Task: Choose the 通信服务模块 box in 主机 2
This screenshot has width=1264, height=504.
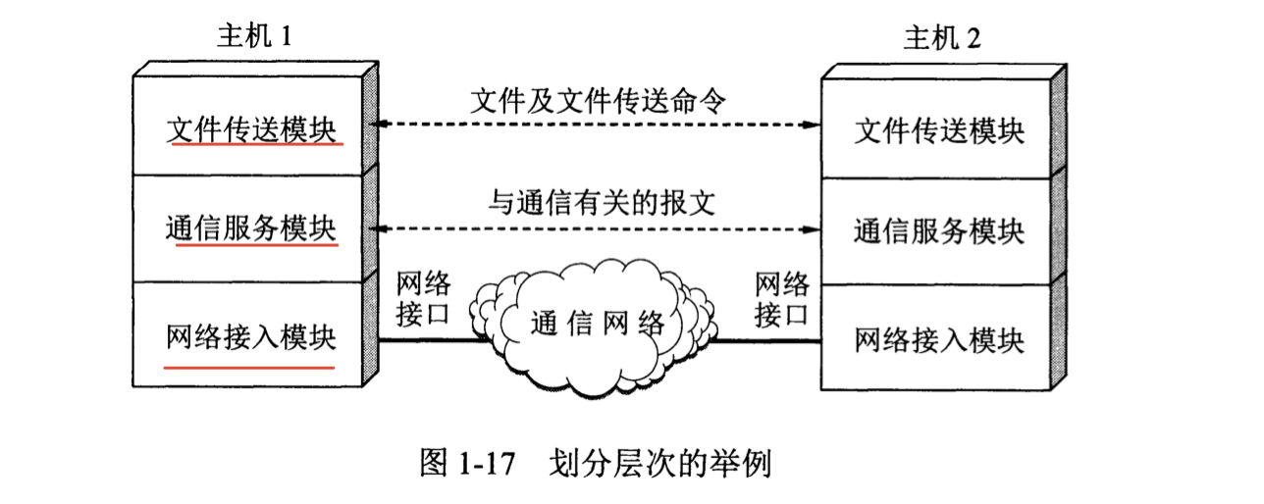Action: [x=938, y=232]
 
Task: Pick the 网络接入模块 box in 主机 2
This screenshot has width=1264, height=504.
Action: [x=938, y=339]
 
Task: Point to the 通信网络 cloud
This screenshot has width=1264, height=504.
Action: [x=598, y=323]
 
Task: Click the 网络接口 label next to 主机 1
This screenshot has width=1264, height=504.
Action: [x=424, y=299]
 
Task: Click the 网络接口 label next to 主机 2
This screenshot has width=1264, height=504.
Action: [x=782, y=299]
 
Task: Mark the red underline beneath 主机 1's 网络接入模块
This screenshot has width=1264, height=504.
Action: [x=249, y=366]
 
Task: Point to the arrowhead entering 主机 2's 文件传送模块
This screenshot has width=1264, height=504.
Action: [x=811, y=125]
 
